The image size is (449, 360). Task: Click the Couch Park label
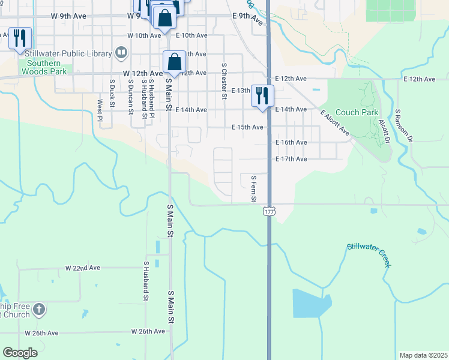(357, 112)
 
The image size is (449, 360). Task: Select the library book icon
(121, 53)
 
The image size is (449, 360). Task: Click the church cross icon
(38, 310)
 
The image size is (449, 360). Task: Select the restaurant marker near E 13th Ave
(262, 96)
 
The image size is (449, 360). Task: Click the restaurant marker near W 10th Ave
(20, 39)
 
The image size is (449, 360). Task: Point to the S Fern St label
(253, 188)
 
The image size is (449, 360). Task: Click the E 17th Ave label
(291, 159)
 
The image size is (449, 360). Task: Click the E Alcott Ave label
(335, 122)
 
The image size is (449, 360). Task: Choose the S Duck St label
(112, 94)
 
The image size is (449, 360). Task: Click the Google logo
(20, 353)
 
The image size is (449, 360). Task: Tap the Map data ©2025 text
(423, 355)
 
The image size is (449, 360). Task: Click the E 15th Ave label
(247, 127)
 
